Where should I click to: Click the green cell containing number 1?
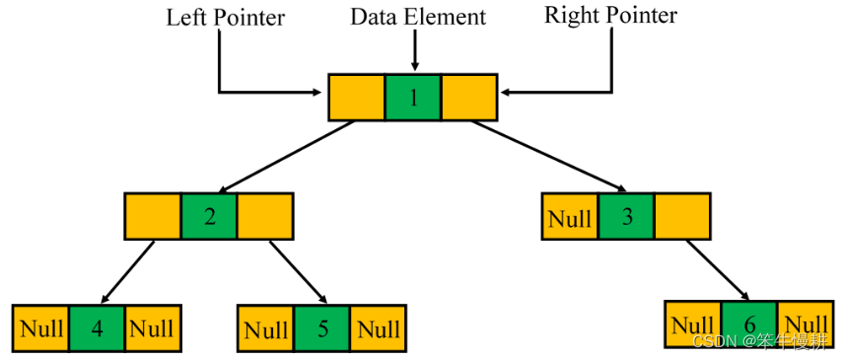pos(412,97)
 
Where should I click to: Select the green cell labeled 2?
pos(209,216)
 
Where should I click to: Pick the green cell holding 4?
pos(97,328)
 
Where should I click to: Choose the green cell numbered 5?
pos(322,328)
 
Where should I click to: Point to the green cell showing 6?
pos(749,324)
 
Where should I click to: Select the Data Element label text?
pos(419,17)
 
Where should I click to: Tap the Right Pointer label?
pos(611,17)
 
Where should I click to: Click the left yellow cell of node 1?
pos(356,97)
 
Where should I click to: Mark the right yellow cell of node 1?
pos(469,97)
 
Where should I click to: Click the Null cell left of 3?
pos(569,216)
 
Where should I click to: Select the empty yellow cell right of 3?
pos(681,216)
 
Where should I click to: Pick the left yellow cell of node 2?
pos(153,216)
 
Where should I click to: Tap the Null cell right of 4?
pos(153,328)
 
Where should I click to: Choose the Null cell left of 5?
pos(266,328)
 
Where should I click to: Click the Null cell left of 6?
pos(693,324)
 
